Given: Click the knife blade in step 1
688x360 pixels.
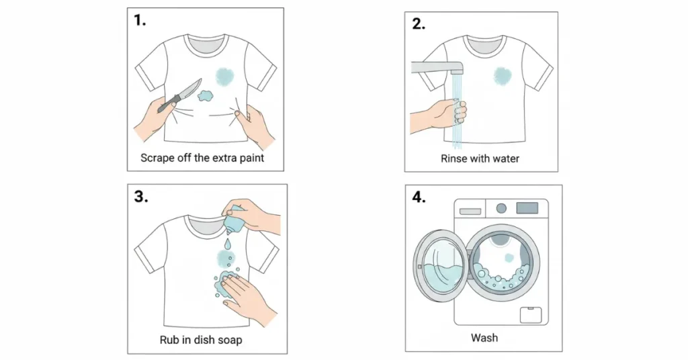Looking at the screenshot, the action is tap(191, 90).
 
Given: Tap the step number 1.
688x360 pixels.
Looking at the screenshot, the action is tap(140, 20).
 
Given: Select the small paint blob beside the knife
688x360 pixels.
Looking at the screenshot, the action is tap(205, 95).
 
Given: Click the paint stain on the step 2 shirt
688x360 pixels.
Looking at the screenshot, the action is tap(502, 76).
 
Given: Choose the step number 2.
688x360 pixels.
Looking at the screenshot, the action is tap(419, 24).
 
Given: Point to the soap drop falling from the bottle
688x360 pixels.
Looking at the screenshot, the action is tap(228, 242).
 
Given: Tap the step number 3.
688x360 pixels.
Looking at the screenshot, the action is tap(141, 197).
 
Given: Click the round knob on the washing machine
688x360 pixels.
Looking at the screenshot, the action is tap(501, 208).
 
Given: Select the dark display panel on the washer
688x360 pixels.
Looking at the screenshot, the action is tap(527, 208).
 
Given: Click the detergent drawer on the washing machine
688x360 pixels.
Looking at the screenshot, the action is tap(470, 212).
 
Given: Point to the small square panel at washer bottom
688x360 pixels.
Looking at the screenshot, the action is tap(531, 315).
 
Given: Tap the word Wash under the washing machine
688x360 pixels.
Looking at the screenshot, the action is tap(484, 338).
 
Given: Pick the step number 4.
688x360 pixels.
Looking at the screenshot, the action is tap(419, 197).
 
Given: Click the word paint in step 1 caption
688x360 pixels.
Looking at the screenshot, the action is tap(252, 158).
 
